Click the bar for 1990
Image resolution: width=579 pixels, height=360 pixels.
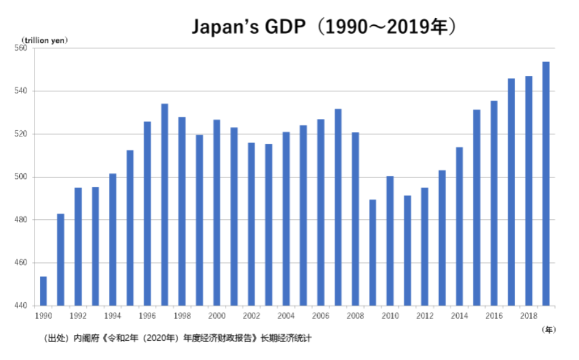43,291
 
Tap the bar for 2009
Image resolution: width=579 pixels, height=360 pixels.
372,252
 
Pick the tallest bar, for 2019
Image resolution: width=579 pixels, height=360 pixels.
546,184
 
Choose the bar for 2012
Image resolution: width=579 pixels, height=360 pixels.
425,246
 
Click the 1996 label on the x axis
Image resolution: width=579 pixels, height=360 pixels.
147,316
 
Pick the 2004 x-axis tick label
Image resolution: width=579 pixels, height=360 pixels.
286,316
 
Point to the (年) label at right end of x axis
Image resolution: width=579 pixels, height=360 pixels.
549,330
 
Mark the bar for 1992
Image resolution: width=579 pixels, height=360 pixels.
78,246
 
